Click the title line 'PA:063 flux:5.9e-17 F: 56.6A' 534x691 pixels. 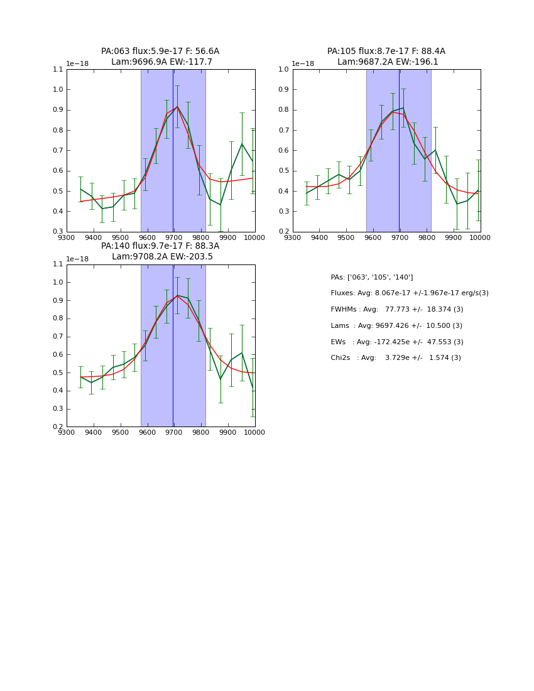tap(160, 52)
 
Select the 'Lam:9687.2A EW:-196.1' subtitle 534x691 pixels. tap(386, 62)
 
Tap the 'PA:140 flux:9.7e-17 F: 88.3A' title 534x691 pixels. tap(160, 246)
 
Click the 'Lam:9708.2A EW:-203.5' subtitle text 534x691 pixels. tap(162, 257)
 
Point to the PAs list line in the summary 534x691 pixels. tap(372, 277)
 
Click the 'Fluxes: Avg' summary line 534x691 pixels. tap(410, 293)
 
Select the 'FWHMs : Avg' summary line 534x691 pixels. tap(397, 310)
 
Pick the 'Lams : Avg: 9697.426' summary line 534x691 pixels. tap(396, 326)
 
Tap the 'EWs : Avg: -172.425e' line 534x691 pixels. tap(397, 342)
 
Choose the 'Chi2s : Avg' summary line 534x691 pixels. tap(396, 358)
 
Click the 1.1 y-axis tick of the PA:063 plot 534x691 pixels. tap(57, 70)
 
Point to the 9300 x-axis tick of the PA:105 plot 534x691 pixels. tap(293, 237)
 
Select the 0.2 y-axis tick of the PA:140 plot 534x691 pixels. tap(57, 427)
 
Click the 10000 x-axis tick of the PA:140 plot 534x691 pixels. tap(254, 433)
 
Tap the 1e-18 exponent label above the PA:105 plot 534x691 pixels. tap(302, 64)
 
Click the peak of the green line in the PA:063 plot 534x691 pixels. tap(177, 107)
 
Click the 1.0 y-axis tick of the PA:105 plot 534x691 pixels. tap(283, 70)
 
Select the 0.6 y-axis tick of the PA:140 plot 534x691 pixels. tap(57, 354)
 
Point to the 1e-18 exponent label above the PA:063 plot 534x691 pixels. tap(77, 64)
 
